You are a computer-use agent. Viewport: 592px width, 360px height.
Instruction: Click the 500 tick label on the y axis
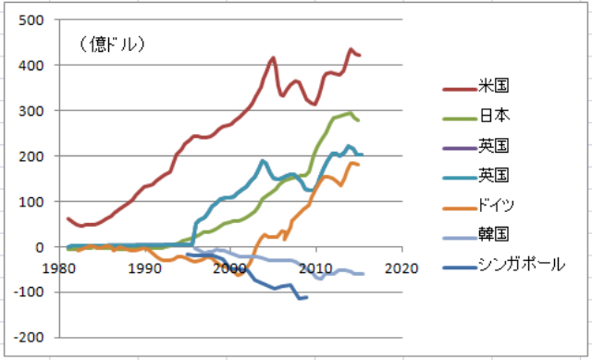click(31, 20)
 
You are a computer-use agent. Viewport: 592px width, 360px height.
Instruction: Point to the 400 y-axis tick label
click(31, 66)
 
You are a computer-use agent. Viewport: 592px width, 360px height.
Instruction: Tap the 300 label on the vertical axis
click(31, 111)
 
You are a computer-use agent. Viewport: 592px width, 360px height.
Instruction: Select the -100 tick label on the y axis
click(29, 292)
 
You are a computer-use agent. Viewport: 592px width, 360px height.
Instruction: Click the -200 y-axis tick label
click(29, 338)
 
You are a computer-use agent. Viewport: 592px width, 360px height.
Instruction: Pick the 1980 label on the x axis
click(59, 268)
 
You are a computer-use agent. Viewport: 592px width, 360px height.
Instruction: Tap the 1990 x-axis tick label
click(145, 268)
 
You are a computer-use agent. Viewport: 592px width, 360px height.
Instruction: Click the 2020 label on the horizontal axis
click(401, 268)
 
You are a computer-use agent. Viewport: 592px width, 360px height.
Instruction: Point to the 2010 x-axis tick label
click(316, 268)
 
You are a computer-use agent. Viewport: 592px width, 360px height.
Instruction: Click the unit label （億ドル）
click(113, 44)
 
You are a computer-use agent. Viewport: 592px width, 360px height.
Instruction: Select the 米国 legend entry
click(476, 86)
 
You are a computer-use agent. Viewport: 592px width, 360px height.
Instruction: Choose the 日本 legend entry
click(476, 116)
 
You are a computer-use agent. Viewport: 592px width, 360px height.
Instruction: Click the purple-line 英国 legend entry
click(476, 145)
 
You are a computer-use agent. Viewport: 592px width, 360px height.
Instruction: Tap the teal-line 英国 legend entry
click(476, 175)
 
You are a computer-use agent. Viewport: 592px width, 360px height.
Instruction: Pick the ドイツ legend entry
click(479, 205)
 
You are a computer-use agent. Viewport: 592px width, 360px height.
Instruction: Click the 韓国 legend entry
click(476, 234)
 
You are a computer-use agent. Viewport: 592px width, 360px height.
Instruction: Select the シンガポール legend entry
click(504, 265)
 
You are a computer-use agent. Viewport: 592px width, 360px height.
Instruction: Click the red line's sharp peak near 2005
click(273, 57)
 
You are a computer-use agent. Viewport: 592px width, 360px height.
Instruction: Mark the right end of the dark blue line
click(307, 297)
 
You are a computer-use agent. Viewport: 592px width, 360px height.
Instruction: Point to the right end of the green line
click(358, 120)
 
